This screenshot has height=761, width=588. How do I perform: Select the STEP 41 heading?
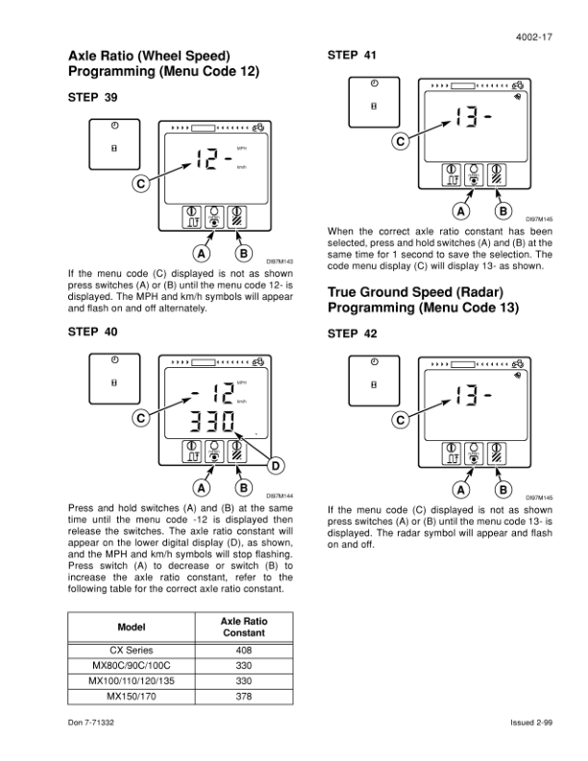[x=353, y=56]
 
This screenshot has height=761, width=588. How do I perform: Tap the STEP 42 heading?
[x=353, y=334]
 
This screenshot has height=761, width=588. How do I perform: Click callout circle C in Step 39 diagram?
[x=141, y=183]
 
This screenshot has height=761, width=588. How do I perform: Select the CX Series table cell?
[x=131, y=650]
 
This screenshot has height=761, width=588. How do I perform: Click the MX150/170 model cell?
[x=131, y=697]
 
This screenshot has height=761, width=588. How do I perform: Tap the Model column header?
[x=131, y=628]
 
